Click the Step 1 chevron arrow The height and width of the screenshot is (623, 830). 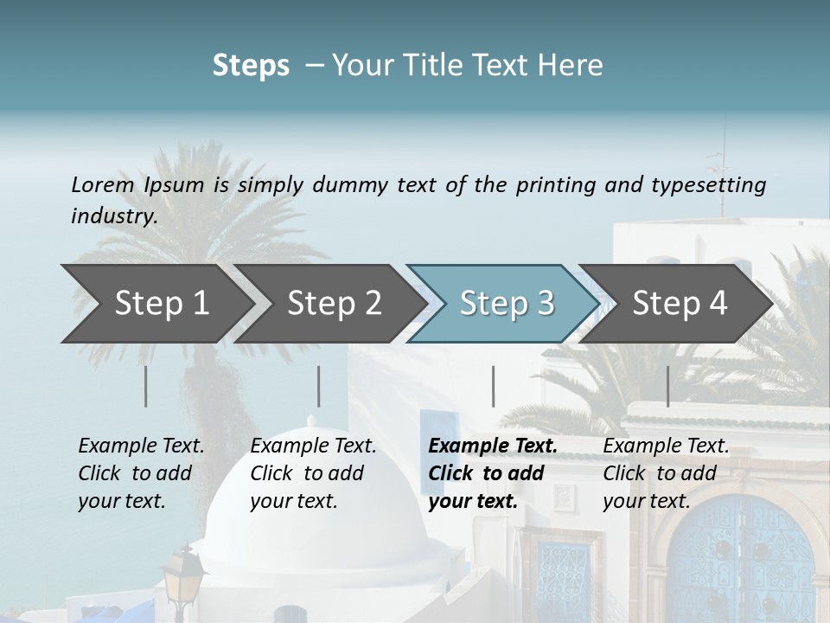click(156, 304)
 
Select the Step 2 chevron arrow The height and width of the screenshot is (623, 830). click(329, 304)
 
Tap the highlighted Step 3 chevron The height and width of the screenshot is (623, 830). click(502, 304)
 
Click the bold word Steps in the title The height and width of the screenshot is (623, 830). click(251, 65)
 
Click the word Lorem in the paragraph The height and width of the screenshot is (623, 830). click(102, 184)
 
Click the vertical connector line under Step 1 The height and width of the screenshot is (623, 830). click(145, 386)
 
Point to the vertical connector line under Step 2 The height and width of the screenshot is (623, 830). click(319, 386)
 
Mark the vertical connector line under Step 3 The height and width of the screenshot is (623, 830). click(493, 386)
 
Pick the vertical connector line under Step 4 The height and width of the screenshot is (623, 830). click(667, 386)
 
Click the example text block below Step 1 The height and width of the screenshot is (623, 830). click(141, 473)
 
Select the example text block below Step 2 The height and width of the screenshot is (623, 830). click(313, 473)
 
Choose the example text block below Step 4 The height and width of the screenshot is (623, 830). click(666, 473)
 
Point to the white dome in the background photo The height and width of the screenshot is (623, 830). click(320, 536)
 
